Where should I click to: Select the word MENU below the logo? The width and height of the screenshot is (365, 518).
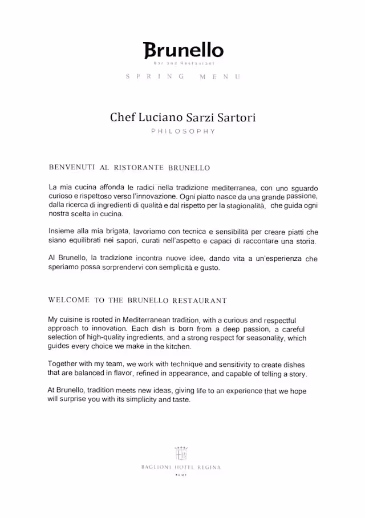pyautogui.click(x=220, y=76)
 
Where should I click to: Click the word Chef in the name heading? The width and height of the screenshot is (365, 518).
pyautogui.click(x=123, y=118)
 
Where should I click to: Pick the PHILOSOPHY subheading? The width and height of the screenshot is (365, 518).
pyautogui.click(x=182, y=131)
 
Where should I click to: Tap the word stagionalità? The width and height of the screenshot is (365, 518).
pyautogui.click(x=242, y=205)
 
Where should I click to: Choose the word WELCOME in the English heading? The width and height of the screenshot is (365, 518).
pyautogui.click(x=69, y=300)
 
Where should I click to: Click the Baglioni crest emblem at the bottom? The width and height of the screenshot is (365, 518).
pyautogui.click(x=181, y=453)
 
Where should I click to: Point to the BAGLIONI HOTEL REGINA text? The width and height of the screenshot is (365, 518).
pyautogui.click(x=181, y=467)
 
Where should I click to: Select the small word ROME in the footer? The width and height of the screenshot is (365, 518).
pyautogui.click(x=181, y=475)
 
